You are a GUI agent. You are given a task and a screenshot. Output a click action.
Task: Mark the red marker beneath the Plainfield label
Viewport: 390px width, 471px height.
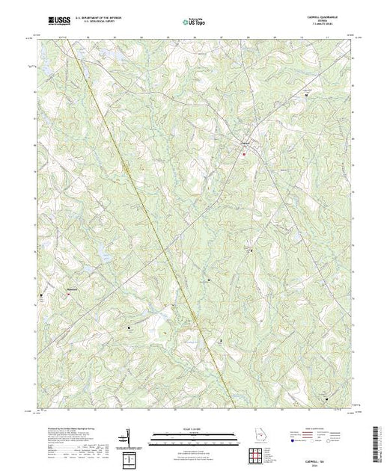67,294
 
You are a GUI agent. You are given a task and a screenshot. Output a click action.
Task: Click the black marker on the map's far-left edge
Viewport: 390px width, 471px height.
41,297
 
